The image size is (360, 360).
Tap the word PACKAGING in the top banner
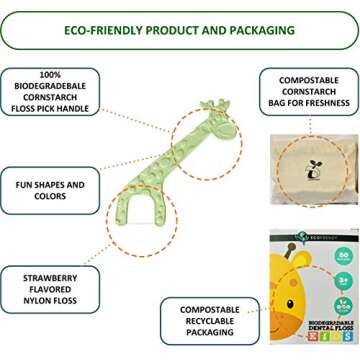259,30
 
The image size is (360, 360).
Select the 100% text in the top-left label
50,75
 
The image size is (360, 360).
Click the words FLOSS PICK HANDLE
50,109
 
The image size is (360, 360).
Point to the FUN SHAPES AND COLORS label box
50,191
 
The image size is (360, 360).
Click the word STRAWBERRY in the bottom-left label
50,277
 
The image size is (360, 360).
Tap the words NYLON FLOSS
50,301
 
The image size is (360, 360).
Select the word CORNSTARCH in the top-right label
309,91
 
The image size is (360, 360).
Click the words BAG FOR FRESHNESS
309,103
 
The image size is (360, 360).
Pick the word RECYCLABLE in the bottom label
210,321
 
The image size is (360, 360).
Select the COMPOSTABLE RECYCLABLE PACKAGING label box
210,321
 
